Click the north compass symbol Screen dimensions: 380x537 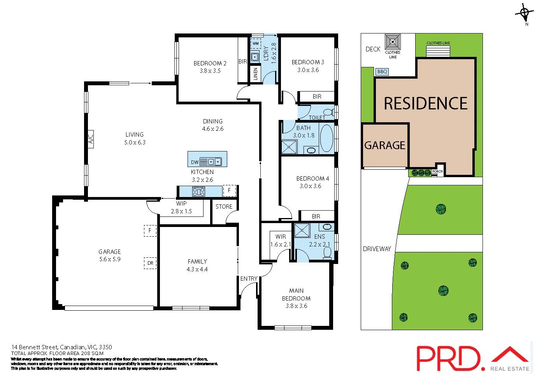(x=525, y=14)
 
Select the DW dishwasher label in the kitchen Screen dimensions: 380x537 (x=195, y=162)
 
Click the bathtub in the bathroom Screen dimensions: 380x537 (x=326, y=138)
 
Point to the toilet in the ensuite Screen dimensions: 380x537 (x=328, y=253)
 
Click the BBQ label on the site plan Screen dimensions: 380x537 (x=382, y=72)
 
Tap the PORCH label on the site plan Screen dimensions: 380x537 (x=437, y=171)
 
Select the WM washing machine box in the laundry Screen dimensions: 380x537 (x=255, y=44)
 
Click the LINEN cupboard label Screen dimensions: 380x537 (x=255, y=73)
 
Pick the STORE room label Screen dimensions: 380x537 (x=224, y=206)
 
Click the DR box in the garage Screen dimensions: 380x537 (x=150, y=263)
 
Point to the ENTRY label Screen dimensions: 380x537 (x=249, y=278)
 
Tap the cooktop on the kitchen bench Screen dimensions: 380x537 (x=198, y=191)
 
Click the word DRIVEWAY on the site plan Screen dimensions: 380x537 (x=377, y=249)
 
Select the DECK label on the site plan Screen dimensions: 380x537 (x=373, y=49)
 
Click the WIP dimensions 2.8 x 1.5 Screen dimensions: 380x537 (x=181, y=211)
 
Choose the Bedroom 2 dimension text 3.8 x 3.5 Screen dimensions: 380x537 (x=210, y=71)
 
